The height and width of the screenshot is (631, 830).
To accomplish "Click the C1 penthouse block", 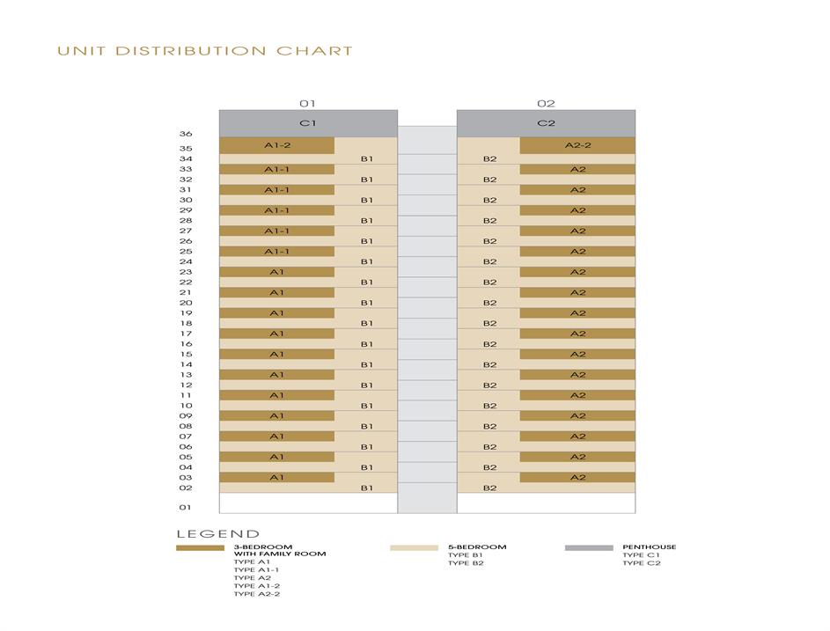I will point(307,123).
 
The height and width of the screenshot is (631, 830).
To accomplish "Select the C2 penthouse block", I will point(546,123).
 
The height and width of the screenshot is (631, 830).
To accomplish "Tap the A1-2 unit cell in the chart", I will point(276,145).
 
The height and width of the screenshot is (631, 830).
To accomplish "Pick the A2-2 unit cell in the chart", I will point(577,145).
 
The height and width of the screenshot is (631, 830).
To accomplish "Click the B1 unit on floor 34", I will point(366,159).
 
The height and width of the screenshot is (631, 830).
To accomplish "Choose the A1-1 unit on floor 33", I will point(276,169).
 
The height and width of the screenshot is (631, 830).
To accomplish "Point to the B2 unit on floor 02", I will point(489,488).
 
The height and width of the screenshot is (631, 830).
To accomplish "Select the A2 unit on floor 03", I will point(577,477).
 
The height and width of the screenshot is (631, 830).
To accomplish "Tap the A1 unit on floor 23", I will point(276,272).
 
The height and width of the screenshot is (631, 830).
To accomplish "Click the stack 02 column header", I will point(546,104).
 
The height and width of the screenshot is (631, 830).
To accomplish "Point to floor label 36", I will point(186,135).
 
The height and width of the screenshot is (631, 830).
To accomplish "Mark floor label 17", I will point(186,334).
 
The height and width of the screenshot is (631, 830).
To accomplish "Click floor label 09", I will point(186,415).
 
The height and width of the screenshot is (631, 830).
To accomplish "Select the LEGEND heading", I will point(218,533).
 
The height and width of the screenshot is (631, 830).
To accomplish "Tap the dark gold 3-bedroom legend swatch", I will point(200,547).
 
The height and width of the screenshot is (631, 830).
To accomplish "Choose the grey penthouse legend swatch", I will point(589,547).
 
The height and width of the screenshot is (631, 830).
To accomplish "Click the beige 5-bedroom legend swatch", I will point(414,547).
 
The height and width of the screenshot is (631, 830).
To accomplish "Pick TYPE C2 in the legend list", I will point(641,563).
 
